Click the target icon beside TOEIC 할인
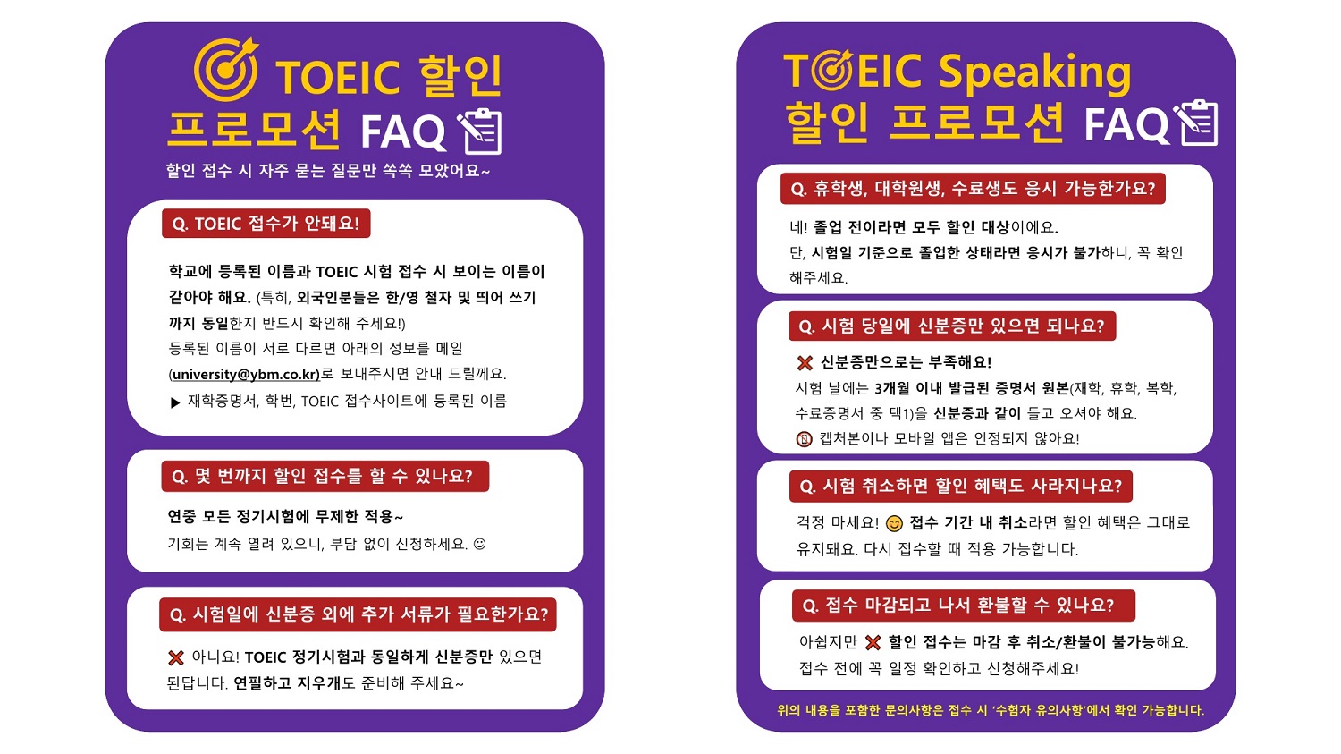[225, 69]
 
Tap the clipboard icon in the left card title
[480, 131]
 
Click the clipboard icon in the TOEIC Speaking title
[1195, 123]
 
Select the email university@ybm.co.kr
[246, 374]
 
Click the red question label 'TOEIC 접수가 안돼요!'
[266, 224]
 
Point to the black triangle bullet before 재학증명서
[175, 402]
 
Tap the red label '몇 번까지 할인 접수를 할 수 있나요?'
[325, 476]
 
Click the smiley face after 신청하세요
[479, 544]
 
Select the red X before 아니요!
[176, 658]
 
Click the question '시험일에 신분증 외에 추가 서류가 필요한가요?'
[358, 614]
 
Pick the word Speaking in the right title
[1034, 73]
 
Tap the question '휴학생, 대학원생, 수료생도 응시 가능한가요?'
[973, 189]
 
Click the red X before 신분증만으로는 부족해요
[805, 363]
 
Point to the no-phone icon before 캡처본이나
[804, 439]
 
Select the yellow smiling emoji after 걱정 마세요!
[894, 524]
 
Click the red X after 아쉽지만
[873, 643]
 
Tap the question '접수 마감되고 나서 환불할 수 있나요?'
[963, 606]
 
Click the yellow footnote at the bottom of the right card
[991, 710]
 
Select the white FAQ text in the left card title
[403, 132]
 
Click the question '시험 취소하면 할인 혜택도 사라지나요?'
[961, 487]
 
